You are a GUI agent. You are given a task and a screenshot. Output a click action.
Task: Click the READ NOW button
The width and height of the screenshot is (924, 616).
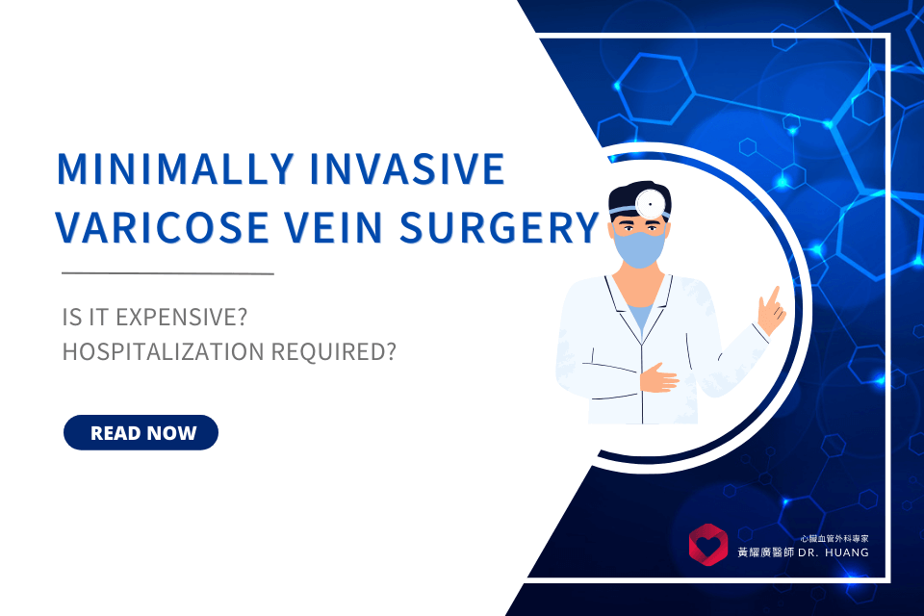141,433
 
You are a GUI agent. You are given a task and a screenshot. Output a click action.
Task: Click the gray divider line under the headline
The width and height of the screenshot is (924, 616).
167,273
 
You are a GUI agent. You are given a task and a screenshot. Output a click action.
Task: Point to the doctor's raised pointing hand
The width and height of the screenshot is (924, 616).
771,308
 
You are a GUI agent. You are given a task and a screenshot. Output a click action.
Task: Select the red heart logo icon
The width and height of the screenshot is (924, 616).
708,545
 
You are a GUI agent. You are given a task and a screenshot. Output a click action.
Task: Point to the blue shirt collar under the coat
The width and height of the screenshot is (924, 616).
638,313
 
